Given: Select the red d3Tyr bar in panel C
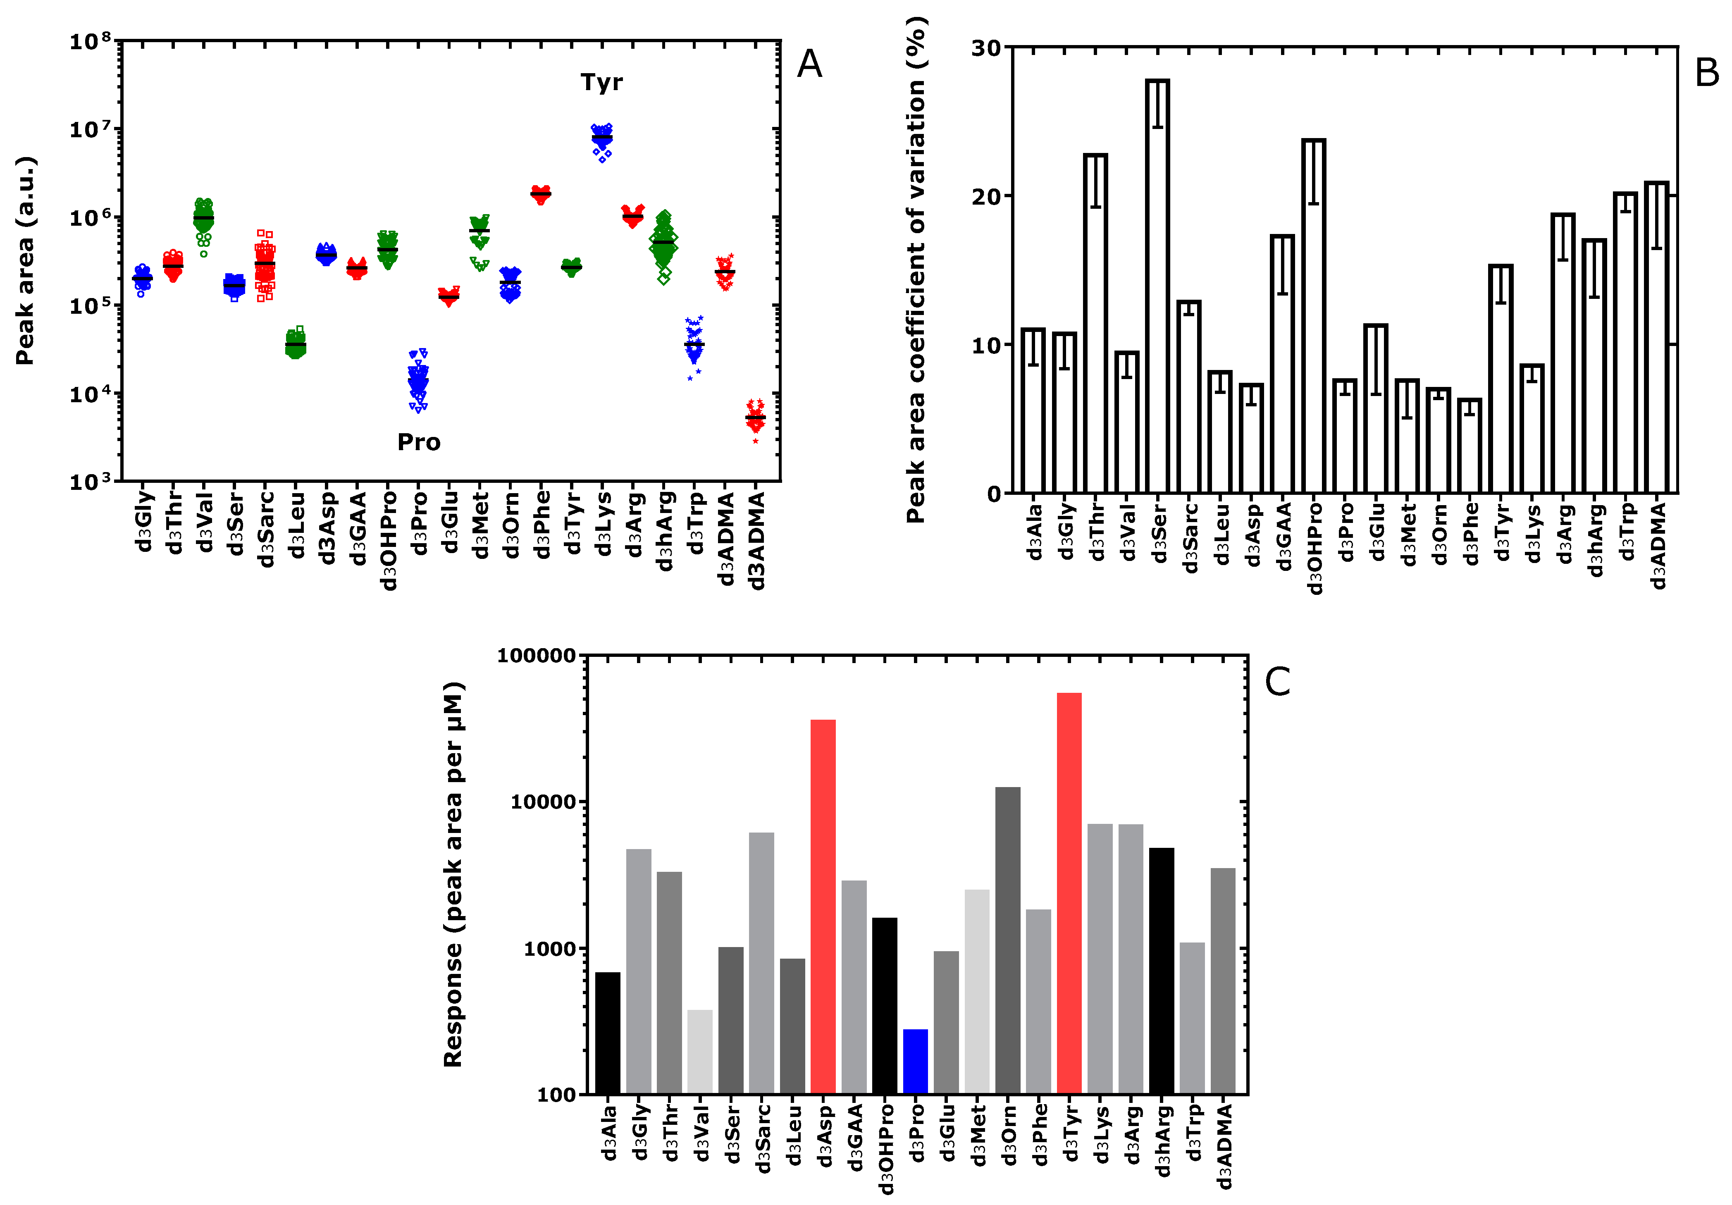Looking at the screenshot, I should (x=1069, y=894).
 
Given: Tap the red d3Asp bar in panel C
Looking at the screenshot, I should (x=823, y=905).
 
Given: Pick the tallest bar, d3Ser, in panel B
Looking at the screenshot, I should (x=1157, y=287).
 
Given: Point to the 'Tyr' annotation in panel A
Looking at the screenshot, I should (x=601, y=82).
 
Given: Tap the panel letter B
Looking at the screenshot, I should (x=1706, y=73).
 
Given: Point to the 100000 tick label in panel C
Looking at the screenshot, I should (x=537, y=656).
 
